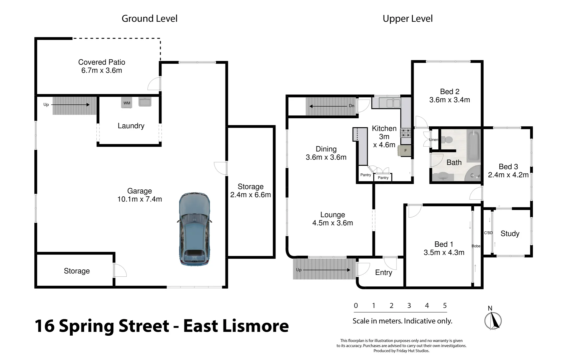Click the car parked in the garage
(194, 229)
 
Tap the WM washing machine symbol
(126, 103)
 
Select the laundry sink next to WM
(145, 102)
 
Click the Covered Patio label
(101, 62)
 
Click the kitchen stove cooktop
(406, 133)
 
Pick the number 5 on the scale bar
(445, 306)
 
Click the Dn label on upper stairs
(352, 106)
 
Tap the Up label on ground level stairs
(46, 105)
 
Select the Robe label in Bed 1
(476, 246)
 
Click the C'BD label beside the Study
(488, 233)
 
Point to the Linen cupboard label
(433, 140)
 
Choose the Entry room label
(384, 273)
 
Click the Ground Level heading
(149, 19)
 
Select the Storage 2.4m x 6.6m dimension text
(250, 195)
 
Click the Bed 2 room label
(449, 91)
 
